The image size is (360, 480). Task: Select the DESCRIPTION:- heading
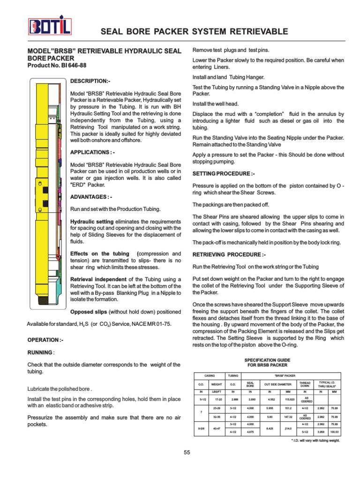90,81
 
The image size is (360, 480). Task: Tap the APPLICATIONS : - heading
92,153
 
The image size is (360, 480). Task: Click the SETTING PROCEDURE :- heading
224,173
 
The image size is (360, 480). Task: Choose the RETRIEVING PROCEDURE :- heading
229,254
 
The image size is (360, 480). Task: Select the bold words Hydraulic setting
91,221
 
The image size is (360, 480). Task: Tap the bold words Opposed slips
89,312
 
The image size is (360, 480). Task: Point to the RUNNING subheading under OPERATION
40,352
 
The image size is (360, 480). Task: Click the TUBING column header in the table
233,375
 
